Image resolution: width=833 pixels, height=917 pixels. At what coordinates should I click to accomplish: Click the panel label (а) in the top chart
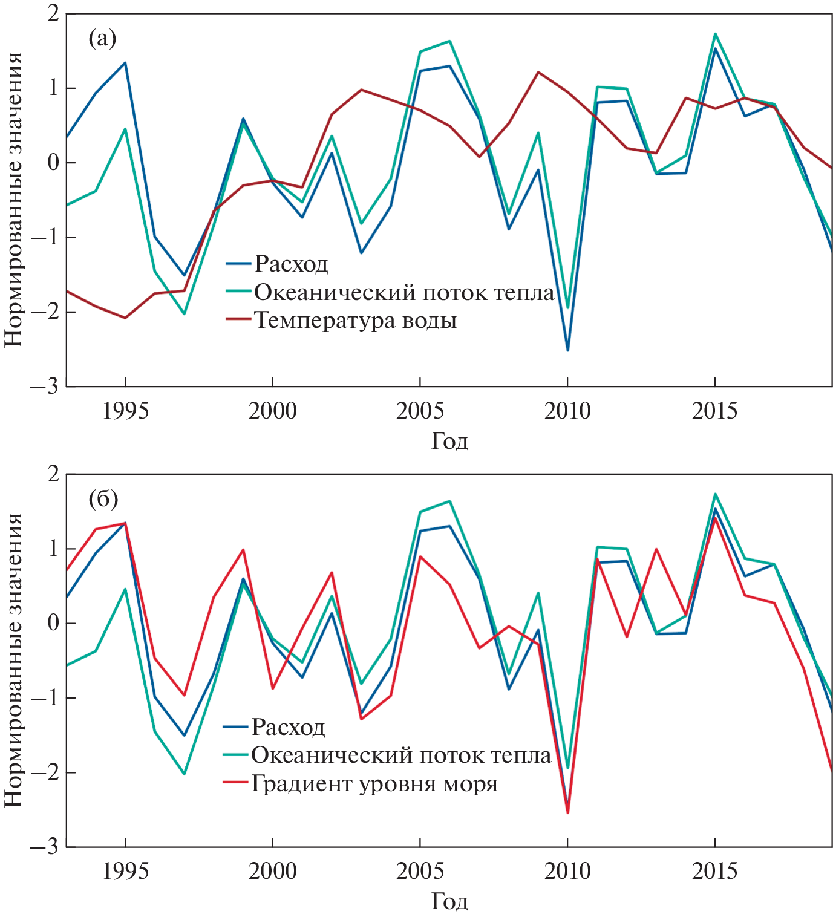click(x=102, y=39)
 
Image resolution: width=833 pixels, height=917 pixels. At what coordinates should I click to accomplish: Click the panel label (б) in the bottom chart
click(x=103, y=499)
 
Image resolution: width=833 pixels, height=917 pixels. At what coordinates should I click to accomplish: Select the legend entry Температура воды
click(x=355, y=320)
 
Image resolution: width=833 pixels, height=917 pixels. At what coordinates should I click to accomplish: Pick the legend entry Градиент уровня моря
click(x=374, y=783)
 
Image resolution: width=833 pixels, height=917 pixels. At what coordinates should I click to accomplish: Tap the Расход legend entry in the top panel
click(x=291, y=263)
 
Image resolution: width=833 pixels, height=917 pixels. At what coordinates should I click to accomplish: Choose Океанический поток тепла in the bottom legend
click(x=401, y=755)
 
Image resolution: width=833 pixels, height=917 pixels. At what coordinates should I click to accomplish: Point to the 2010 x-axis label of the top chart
click(x=567, y=411)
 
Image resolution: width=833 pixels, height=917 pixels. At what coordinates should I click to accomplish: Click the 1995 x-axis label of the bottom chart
click(x=125, y=872)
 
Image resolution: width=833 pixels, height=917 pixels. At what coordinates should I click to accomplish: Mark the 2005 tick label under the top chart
click(x=420, y=411)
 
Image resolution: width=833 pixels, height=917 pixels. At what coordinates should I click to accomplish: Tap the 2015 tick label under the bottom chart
click(x=715, y=872)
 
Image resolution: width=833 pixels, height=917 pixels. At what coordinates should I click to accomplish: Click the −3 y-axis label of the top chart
click(x=47, y=387)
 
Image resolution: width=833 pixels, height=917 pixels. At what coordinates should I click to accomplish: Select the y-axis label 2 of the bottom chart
click(x=54, y=474)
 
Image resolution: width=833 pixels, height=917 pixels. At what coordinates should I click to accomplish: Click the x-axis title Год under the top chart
click(x=449, y=441)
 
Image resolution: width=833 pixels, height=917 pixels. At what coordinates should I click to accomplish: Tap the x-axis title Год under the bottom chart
click(x=449, y=901)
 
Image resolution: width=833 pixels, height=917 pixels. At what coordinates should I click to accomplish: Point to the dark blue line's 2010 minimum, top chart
click(x=567, y=350)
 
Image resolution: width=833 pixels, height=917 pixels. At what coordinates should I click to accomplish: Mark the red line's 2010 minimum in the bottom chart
click(x=567, y=813)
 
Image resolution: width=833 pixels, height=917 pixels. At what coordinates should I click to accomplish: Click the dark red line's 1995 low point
click(x=125, y=318)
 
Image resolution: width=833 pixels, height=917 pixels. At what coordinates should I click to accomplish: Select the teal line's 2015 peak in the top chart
click(x=715, y=34)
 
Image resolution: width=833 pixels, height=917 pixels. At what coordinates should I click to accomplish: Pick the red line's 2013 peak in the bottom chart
click(x=656, y=549)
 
